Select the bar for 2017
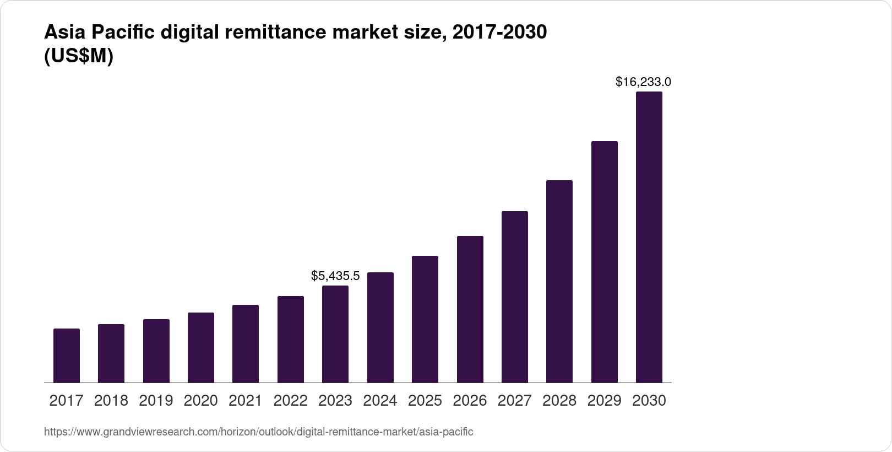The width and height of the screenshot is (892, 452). [67, 356]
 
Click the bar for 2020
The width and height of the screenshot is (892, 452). [201, 347]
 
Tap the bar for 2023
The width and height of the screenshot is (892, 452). [335, 334]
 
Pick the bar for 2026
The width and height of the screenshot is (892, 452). [470, 309]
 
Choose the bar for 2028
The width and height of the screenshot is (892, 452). [559, 281]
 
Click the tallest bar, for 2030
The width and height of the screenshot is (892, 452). [649, 237]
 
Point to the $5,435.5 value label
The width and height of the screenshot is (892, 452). [335, 276]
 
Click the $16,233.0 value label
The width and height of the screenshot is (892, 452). [643, 82]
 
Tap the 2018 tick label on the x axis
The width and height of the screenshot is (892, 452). [111, 401]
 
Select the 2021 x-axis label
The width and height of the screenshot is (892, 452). [246, 401]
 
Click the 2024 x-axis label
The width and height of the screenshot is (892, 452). [380, 401]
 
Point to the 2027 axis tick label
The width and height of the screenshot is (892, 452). [515, 401]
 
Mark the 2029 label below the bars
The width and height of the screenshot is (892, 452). [604, 401]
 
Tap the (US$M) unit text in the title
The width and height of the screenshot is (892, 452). [78, 56]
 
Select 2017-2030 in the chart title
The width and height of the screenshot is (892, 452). [499, 33]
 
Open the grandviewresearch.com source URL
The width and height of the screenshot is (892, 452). [258, 432]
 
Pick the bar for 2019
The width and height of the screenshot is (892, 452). [156, 351]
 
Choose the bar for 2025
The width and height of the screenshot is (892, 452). [425, 319]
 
